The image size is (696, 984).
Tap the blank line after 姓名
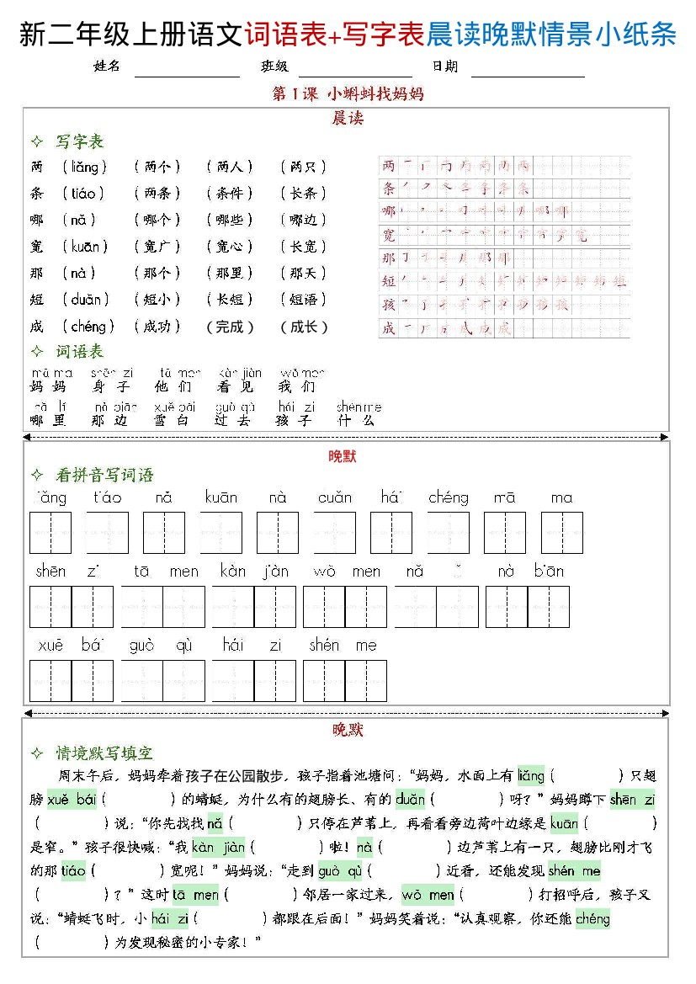tap(187, 69)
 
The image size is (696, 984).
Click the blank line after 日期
tap(527, 69)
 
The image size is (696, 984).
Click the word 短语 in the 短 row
tap(303, 300)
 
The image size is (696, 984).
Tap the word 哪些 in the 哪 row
tap(229, 220)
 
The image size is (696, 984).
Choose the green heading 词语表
tap(80, 351)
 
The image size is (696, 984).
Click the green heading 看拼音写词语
tap(105, 476)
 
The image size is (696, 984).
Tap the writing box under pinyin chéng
tap(448, 533)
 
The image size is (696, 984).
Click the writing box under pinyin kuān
tap(220, 533)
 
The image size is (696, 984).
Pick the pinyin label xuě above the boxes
tap(50, 646)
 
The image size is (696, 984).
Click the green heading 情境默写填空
tap(105, 753)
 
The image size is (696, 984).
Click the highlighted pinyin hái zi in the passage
tap(169, 918)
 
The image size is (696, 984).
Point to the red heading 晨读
tap(347, 119)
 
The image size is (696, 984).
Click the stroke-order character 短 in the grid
tap(388, 281)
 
